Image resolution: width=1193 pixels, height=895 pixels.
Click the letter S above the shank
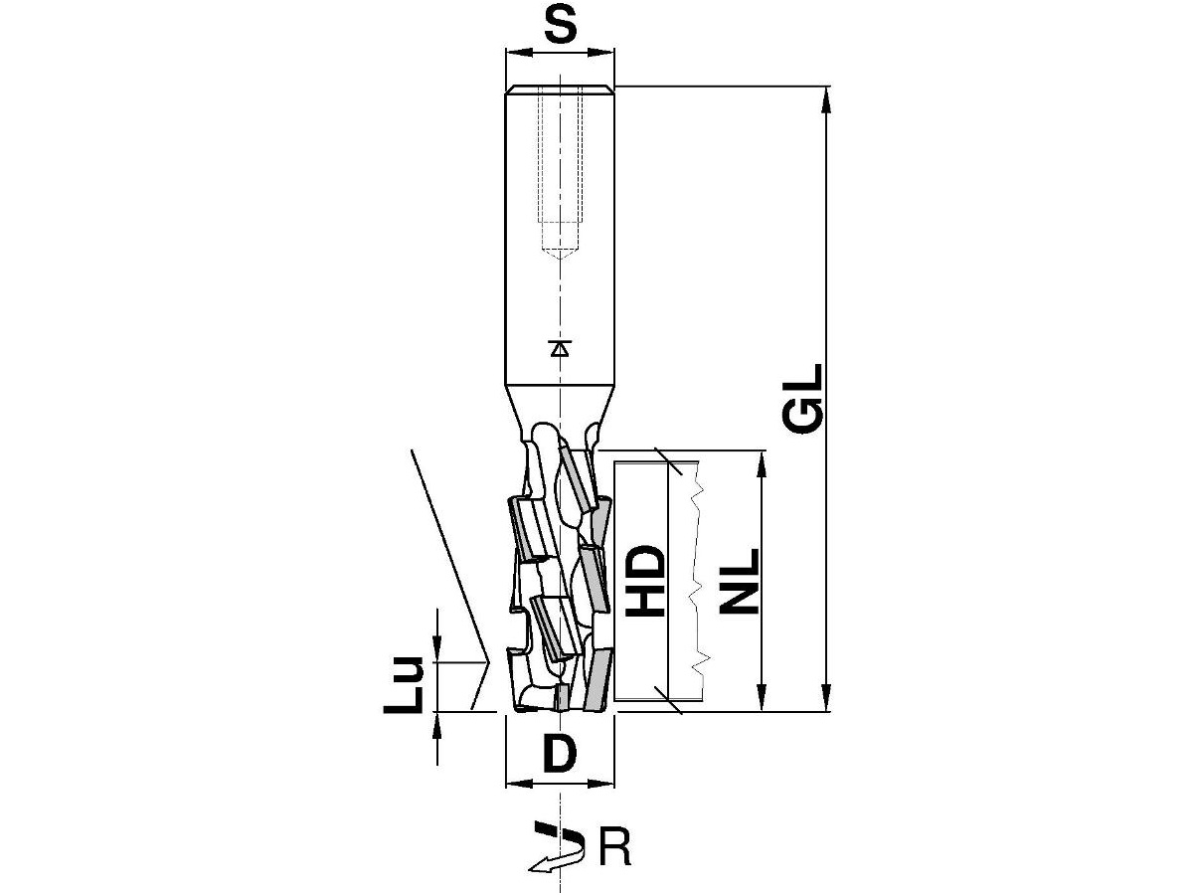[560, 26]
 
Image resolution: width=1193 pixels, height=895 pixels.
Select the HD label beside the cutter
[645, 581]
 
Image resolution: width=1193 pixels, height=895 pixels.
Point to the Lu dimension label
[404, 685]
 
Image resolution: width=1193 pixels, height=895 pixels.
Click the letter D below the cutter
[560, 753]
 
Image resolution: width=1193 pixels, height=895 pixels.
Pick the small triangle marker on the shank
[560, 348]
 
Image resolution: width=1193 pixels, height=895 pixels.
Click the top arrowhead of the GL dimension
[826, 99]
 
